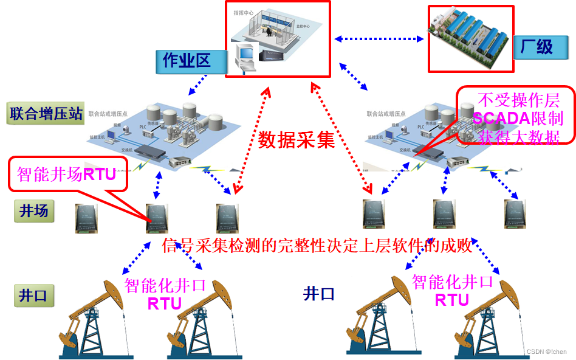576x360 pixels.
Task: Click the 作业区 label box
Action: pyautogui.click(x=186, y=60)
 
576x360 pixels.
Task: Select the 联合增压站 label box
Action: pyautogui.click(x=45, y=114)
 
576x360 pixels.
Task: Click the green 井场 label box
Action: pyautogui.click(x=34, y=211)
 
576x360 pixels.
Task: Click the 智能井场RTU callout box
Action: pyautogui.click(x=67, y=174)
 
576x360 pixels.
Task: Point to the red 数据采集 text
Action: pyautogui.click(x=297, y=140)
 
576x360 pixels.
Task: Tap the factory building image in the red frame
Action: pyautogui.click(x=470, y=38)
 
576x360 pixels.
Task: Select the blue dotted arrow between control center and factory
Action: pyautogui.click(x=379, y=39)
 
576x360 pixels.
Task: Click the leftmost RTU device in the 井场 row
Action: pyautogui.click(x=83, y=218)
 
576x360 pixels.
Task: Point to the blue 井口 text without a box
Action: pyautogui.click(x=319, y=295)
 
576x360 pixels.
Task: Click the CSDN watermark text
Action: pyautogui.click(x=546, y=351)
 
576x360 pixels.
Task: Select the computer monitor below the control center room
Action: pyautogui.click(x=245, y=57)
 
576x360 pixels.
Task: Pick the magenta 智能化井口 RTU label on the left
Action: pyautogui.click(x=165, y=294)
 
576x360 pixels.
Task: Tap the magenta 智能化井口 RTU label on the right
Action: pyautogui.click(x=452, y=290)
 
